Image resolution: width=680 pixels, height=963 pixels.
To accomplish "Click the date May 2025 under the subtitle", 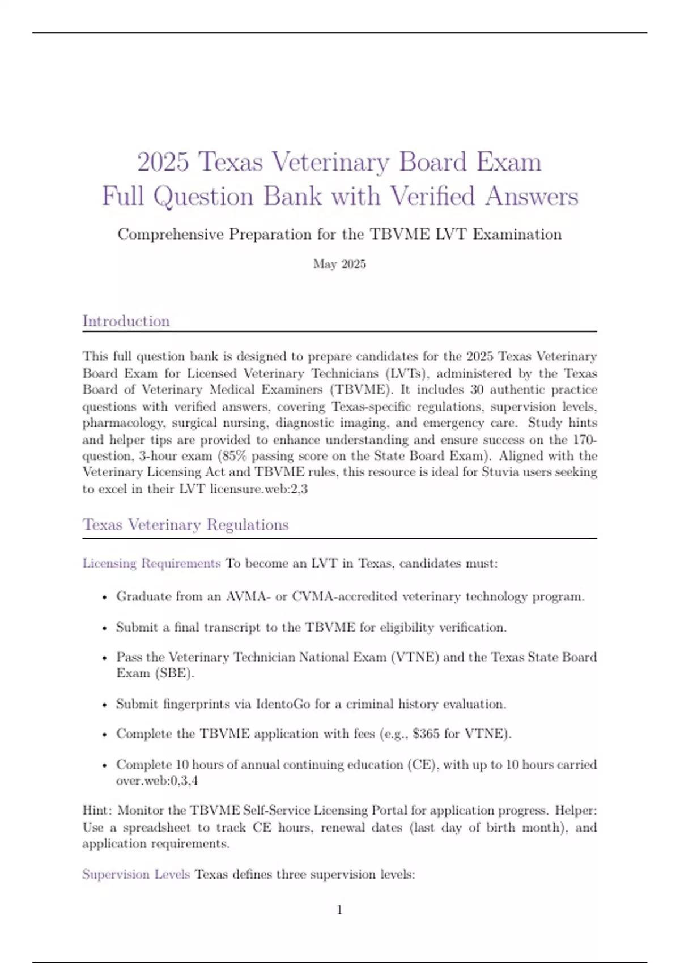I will (339, 264).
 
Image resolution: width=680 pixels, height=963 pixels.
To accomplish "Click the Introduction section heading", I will (126, 321).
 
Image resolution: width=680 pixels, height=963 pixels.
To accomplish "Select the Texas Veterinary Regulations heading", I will (185, 525).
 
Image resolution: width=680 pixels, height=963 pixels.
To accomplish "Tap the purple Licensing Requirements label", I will (151, 564).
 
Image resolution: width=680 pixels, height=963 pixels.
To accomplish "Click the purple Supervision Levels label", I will (136, 875).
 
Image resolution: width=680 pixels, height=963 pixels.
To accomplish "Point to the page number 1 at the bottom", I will (339, 910).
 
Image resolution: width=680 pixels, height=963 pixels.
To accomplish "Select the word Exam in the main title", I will (508, 162).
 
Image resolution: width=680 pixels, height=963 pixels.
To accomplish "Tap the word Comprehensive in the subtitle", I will (171, 235).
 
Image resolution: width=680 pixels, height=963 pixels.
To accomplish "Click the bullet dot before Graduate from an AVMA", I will (104, 597).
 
